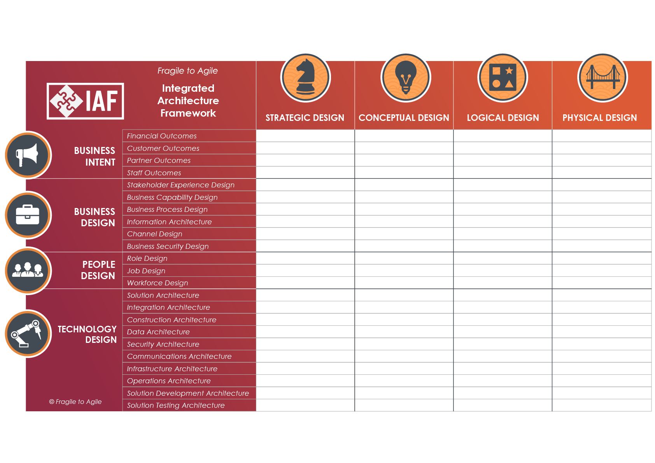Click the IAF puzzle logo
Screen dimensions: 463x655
pyautogui.click(x=85, y=101)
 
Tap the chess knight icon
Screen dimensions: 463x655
pyautogui.click(x=305, y=78)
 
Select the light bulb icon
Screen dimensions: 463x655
pyautogui.click(x=406, y=78)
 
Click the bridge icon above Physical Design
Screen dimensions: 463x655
pyautogui.click(x=602, y=78)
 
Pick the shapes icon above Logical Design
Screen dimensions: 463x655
pyautogui.click(x=503, y=78)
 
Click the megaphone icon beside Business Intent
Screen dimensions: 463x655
pyautogui.click(x=28, y=155)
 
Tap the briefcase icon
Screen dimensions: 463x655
pyautogui.click(x=28, y=215)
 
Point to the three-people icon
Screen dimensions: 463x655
pyautogui.click(x=28, y=271)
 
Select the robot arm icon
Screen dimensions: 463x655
pyautogui.click(x=28, y=334)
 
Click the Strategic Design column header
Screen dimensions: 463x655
pyautogui.click(x=305, y=118)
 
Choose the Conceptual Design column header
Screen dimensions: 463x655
pyautogui.click(x=404, y=118)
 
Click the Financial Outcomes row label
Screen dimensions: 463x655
pyautogui.click(x=162, y=136)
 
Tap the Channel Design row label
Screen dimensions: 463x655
pyautogui.click(x=154, y=234)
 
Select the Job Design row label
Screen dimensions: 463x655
pyautogui.click(x=146, y=271)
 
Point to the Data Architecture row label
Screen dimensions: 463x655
pyautogui.click(x=158, y=332)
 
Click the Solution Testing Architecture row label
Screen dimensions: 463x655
pyautogui.click(x=176, y=405)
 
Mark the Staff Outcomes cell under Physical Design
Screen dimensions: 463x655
pyautogui.click(x=602, y=173)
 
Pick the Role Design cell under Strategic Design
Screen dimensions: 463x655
pyautogui.click(x=305, y=259)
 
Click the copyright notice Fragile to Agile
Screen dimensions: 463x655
pyautogui.click(x=75, y=402)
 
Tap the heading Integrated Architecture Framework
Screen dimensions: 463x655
pyautogui.click(x=188, y=101)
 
